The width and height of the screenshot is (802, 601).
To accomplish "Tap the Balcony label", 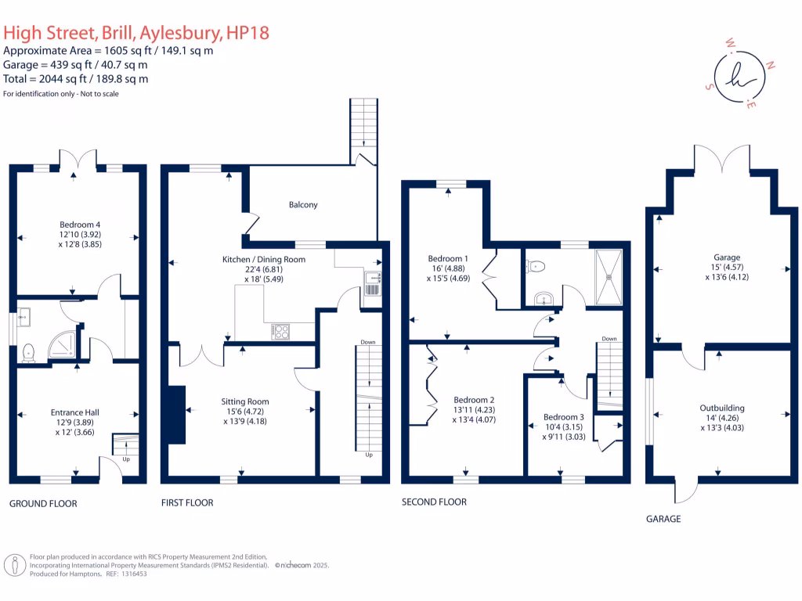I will point(303,205).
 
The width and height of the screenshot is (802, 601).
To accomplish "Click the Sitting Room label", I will point(246,401).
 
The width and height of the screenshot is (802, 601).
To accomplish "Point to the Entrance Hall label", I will point(75,412).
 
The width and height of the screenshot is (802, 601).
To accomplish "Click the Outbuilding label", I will point(721,408).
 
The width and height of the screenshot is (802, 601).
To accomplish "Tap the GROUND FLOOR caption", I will point(43,504).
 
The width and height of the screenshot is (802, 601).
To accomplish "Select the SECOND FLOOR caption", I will point(434,502).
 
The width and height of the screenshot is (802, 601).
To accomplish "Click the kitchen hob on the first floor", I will point(280,332).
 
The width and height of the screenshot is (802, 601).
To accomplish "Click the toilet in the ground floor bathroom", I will point(30,353).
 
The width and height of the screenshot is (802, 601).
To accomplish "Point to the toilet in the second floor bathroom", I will point(536,266).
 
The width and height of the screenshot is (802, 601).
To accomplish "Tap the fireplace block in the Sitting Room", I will point(176,405).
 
